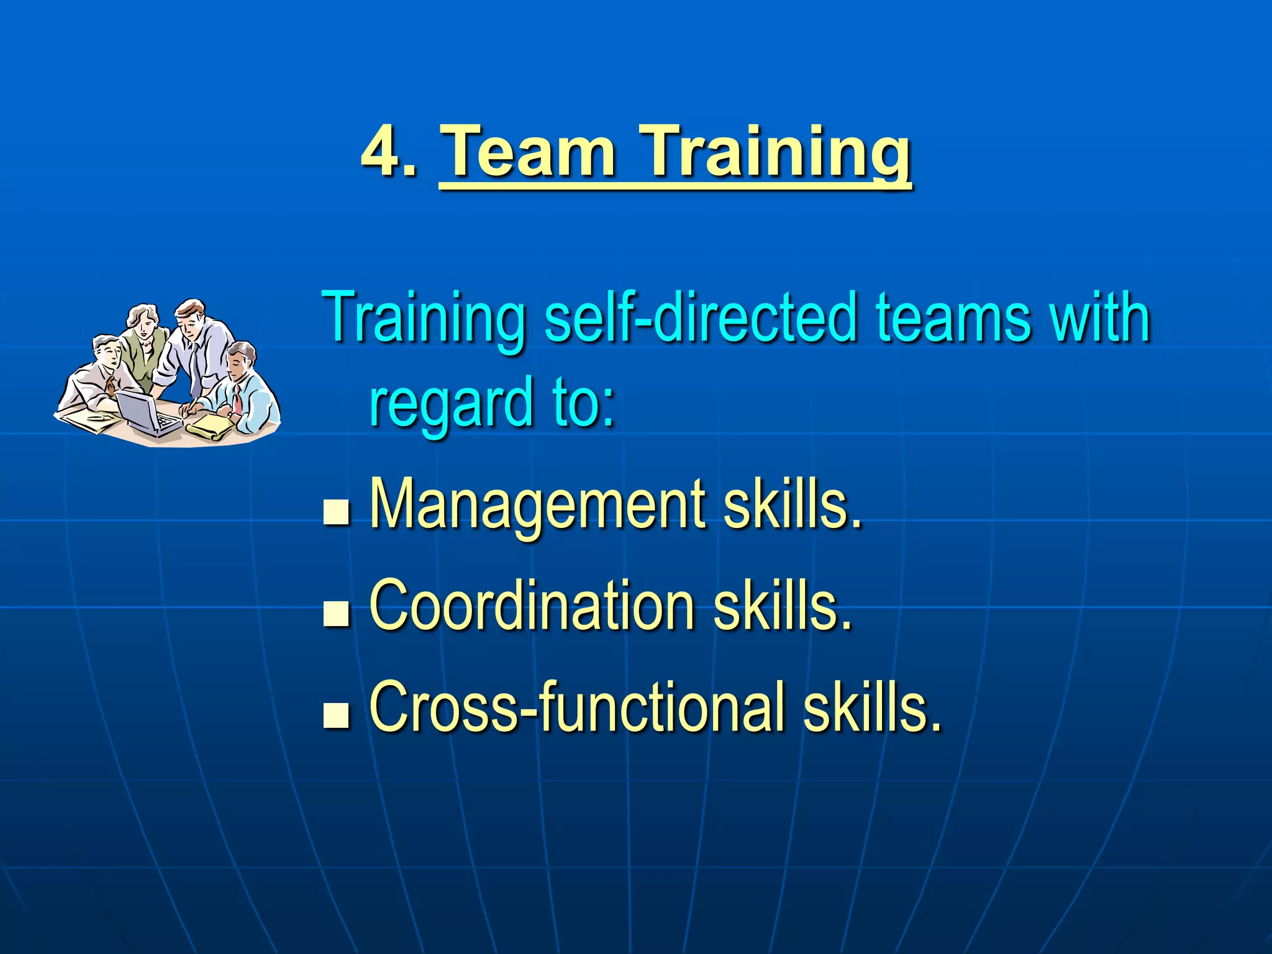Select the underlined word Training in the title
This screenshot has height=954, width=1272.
point(776,154)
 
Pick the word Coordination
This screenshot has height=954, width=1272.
point(532,606)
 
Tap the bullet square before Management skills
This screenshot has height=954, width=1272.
point(336,514)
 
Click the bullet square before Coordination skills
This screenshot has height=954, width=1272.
point(336,614)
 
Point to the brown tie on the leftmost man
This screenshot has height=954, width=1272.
point(111,385)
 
